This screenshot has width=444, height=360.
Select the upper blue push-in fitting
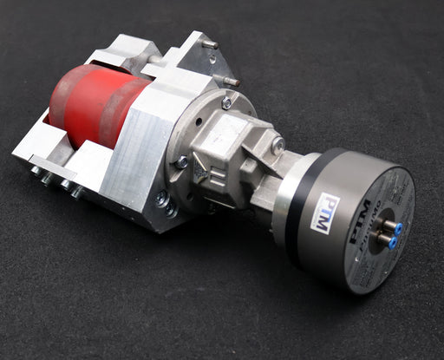[x=397, y=227]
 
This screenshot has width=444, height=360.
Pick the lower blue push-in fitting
[x=393, y=244]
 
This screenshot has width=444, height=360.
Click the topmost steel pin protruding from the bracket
[x=209, y=43]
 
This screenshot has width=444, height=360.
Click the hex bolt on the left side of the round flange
[x=181, y=162]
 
